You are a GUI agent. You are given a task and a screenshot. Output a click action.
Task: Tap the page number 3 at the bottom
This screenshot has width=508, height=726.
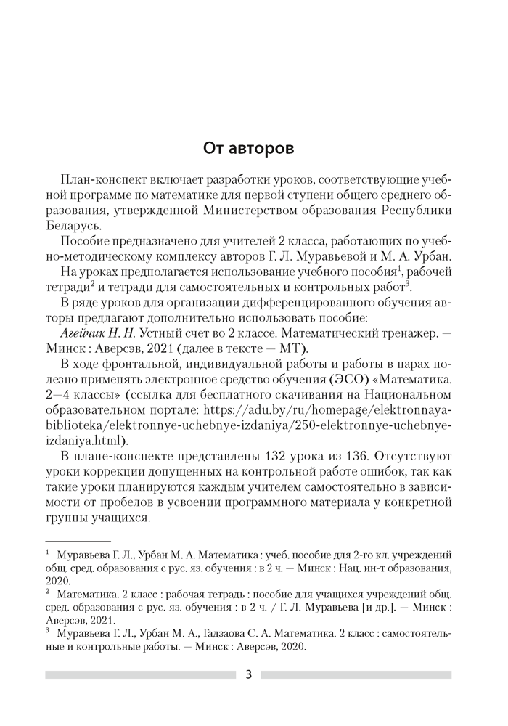coord(248,674)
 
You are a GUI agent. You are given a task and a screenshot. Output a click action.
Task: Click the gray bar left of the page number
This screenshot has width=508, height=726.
coord(138,674)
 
